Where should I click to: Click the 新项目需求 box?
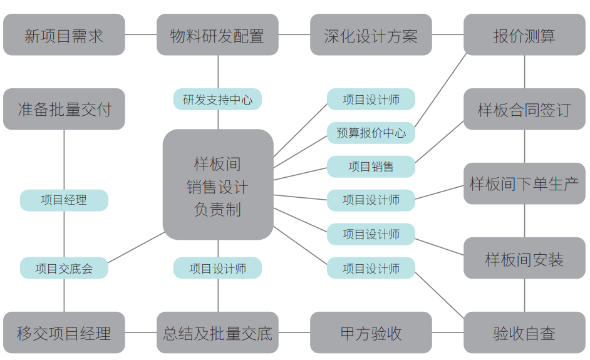pos(64,35)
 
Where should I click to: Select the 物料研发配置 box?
pos(217,35)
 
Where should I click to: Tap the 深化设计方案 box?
pos(371,35)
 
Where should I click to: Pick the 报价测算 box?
pos(524,35)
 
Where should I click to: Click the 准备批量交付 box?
pos(64,110)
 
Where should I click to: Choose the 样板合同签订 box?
pos(524,110)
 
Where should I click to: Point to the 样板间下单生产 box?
pos(524,184)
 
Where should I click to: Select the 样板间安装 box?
pos(524,259)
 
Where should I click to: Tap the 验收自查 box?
pos(524,333)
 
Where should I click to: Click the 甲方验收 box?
pos(371,333)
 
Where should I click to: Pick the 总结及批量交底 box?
pos(217,333)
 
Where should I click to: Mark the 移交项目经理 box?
pos(64,333)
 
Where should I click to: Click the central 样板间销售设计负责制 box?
pos(217,185)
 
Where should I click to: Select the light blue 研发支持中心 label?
pos(217,100)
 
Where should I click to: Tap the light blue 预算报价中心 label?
pos(371,133)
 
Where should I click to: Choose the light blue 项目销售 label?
pos(371,167)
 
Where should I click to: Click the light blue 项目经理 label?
pos(64,200)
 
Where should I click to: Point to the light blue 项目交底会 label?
pos(64,268)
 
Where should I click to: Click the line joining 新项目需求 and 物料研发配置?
pos(141,35)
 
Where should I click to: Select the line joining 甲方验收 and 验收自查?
pos(448,333)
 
